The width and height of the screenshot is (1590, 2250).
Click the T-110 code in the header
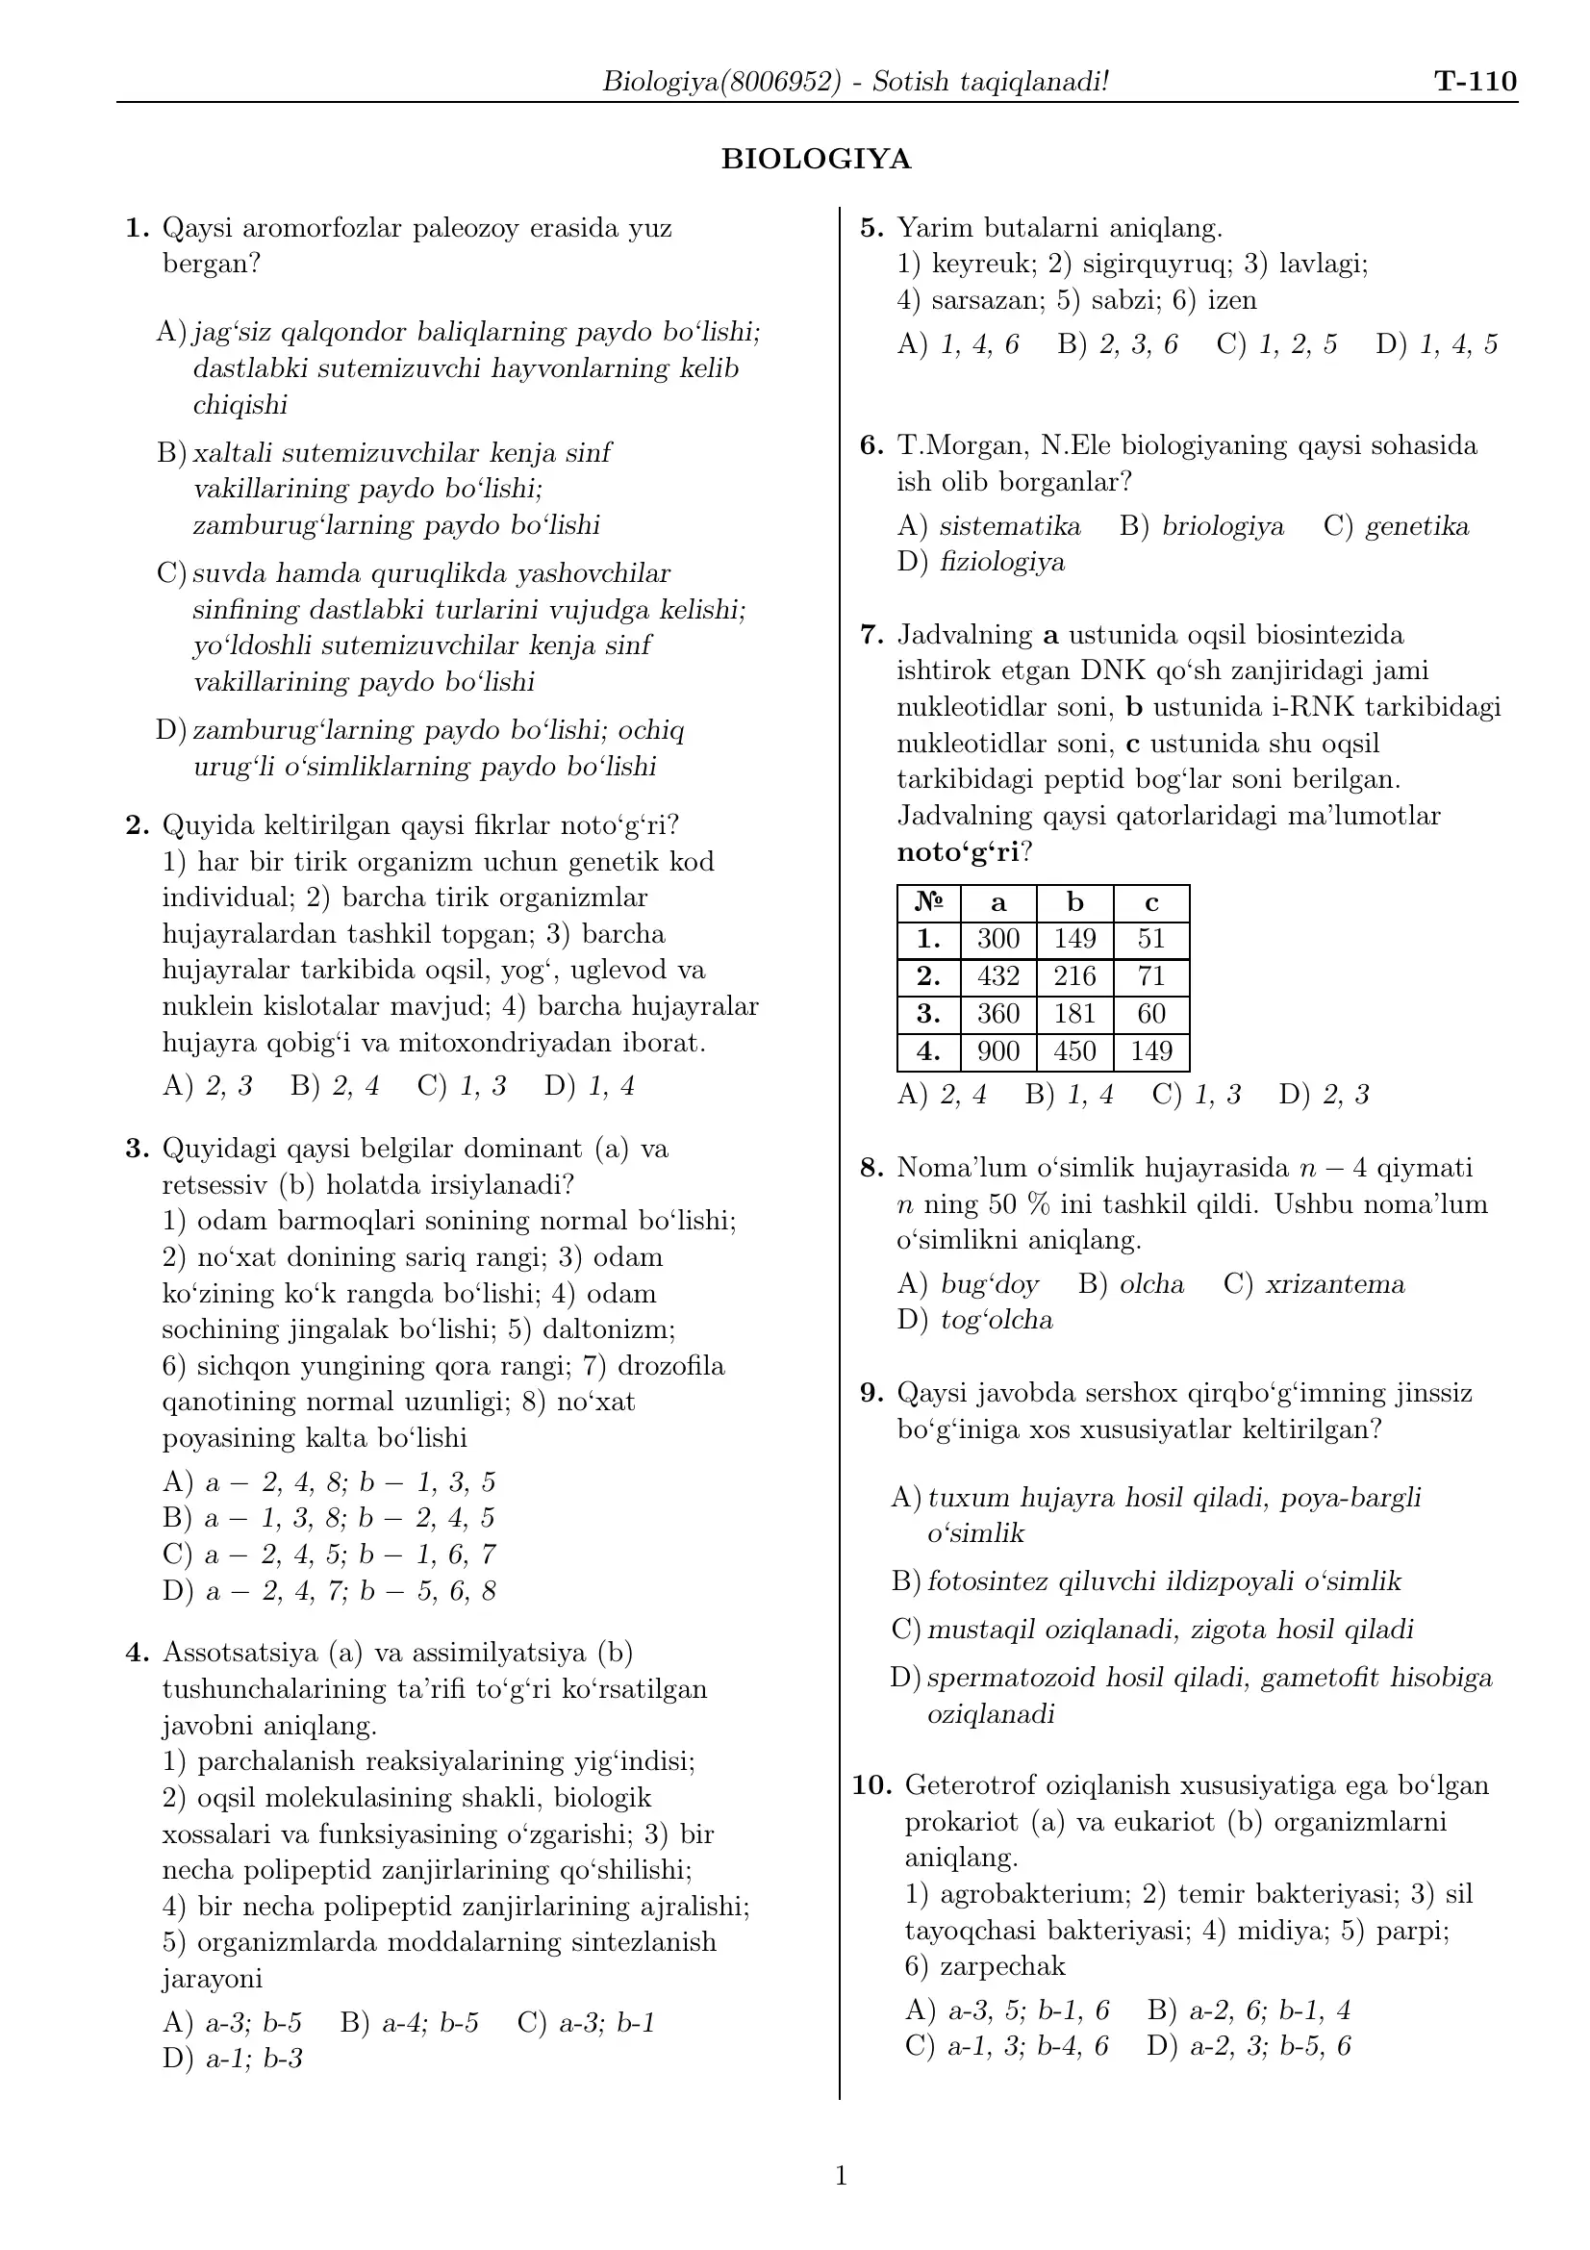click(x=1475, y=82)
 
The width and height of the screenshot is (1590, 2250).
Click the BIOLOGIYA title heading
click(x=815, y=159)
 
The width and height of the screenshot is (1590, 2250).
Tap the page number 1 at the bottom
click(x=841, y=2177)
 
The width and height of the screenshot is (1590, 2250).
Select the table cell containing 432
click(x=997, y=976)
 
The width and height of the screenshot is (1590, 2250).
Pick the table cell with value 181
click(x=1073, y=1013)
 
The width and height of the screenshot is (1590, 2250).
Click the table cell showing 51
click(x=1150, y=939)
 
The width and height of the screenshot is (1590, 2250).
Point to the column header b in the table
click(x=1073, y=902)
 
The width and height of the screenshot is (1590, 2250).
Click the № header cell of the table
click(x=928, y=902)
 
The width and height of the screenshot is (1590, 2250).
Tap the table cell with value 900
click(x=997, y=1051)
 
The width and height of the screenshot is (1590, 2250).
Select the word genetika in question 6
click(x=1417, y=526)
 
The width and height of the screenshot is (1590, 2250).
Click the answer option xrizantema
click(x=1334, y=1284)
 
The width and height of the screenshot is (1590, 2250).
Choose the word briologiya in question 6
click(x=1223, y=526)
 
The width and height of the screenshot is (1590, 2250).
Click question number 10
click(x=871, y=1785)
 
